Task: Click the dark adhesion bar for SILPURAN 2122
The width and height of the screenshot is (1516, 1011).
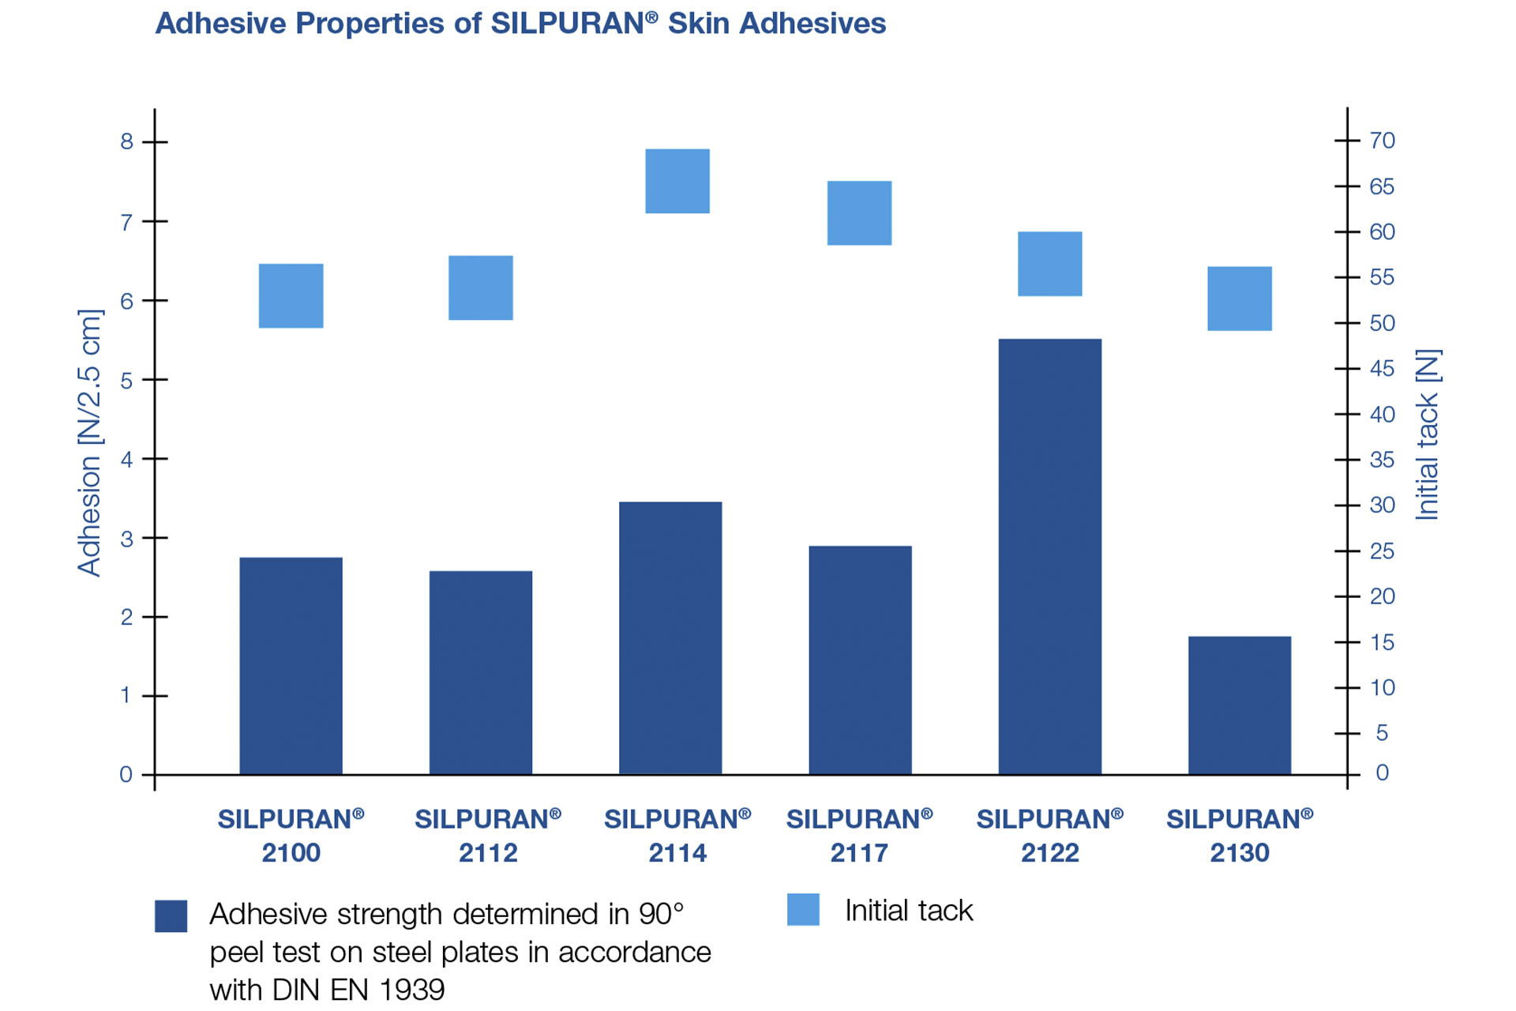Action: (1049, 557)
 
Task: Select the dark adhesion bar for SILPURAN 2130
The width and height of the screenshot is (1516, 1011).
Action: (1239, 705)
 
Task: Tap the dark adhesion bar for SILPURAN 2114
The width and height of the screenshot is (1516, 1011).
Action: (670, 638)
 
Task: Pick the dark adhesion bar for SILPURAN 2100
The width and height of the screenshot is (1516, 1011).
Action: (291, 666)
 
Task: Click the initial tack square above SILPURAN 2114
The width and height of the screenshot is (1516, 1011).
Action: (677, 181)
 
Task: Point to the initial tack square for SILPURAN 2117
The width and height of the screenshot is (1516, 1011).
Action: (859, 213)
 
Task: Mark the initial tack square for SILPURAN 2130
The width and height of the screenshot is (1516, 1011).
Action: (1240, 299)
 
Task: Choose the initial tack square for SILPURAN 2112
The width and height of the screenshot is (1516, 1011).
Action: (481, 288)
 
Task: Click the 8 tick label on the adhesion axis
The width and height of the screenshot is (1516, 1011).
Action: (126, 142)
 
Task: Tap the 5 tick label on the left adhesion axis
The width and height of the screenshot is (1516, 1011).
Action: (126, 380)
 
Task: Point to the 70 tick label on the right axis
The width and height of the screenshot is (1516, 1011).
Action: (1382, 141)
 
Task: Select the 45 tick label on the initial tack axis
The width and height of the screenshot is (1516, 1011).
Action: (1382, 368)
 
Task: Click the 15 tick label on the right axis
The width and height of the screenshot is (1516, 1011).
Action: (1382, 642)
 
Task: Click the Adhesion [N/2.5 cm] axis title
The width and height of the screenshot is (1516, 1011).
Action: (89, 442)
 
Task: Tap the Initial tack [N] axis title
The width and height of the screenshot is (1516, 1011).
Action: (1428, 434)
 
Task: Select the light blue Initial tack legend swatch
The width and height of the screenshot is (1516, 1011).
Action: (803, 909)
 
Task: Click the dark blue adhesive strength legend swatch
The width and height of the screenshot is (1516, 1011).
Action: (171, 916)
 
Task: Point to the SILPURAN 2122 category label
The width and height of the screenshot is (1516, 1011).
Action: (1049, 836)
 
